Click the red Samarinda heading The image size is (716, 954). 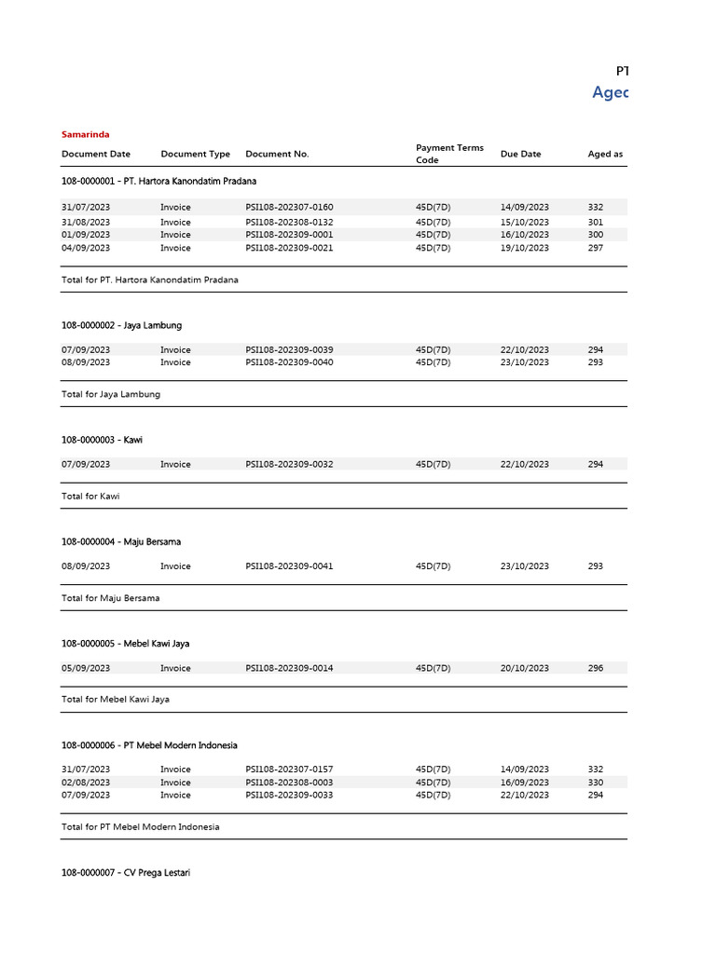[85, 134]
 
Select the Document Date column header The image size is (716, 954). [96, 154]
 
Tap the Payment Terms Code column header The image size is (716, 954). [449, 154]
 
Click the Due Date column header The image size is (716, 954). [520, 154]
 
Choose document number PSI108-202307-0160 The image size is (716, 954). [289, 207]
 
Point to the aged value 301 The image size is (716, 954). [596, 223]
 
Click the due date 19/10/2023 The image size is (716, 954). [524, 248]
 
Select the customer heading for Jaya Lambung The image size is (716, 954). [121, 325]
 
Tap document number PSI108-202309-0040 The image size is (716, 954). [289, 362]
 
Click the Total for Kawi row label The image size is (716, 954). [90, 497]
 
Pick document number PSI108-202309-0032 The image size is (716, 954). [289, 464]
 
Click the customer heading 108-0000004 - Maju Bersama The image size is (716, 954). [121, 541]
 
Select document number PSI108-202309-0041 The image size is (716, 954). [289, 566]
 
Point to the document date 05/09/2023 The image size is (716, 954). [86, 668]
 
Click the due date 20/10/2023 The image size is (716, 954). [524, 668]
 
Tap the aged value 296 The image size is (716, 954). [596, 668]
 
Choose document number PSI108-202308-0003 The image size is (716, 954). [289, 783]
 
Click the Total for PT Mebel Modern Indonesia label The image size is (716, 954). [141, 826]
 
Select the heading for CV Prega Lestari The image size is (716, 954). [126, 873]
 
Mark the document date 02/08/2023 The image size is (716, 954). [86, 783]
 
